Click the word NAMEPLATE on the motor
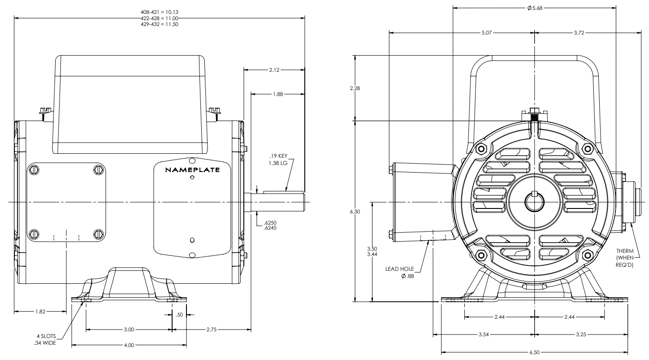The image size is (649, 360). click(192, 170)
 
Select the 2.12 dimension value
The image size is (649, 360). click(274, 70)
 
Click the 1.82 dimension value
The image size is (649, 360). click(40, 311)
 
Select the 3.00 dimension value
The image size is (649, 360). click(129, 330)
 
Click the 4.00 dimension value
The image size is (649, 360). click(129, 345)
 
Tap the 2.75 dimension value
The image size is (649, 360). click(211, 330)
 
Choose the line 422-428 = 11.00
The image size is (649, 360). click(160, 18)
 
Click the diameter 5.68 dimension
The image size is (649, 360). click(535, 8)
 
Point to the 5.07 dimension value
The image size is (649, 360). click(486, 33)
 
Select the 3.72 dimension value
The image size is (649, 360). click(580, 33)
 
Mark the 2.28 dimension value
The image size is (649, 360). click(355, 88)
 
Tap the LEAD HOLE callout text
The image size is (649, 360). click(400, 269)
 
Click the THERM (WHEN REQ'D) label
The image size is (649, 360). click(625, 258)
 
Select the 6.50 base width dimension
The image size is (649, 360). click(535, 352)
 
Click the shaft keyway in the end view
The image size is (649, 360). click(534, 194)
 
